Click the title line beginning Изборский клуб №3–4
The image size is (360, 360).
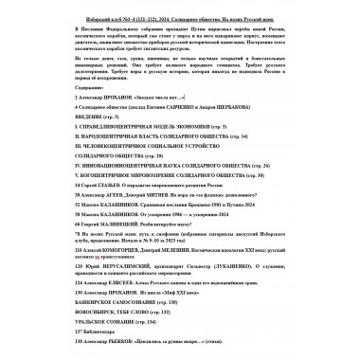(x=179, y=10)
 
